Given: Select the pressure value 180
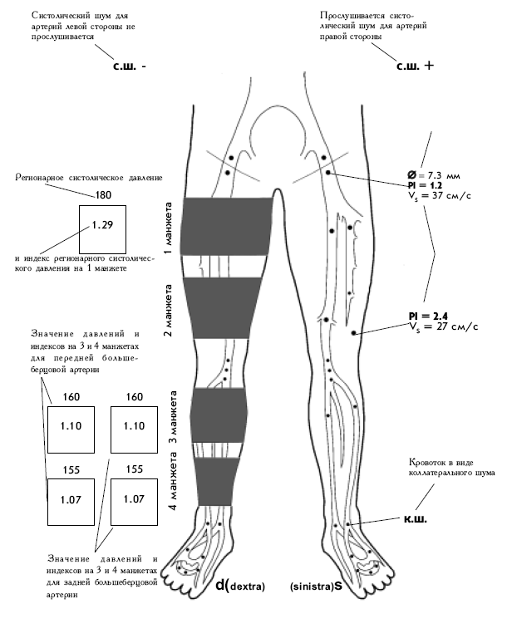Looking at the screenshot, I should point(104,195).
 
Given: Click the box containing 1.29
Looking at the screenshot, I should point(101,226).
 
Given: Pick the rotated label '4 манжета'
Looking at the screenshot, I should point(174,495).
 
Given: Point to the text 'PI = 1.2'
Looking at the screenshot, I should point(423,186).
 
